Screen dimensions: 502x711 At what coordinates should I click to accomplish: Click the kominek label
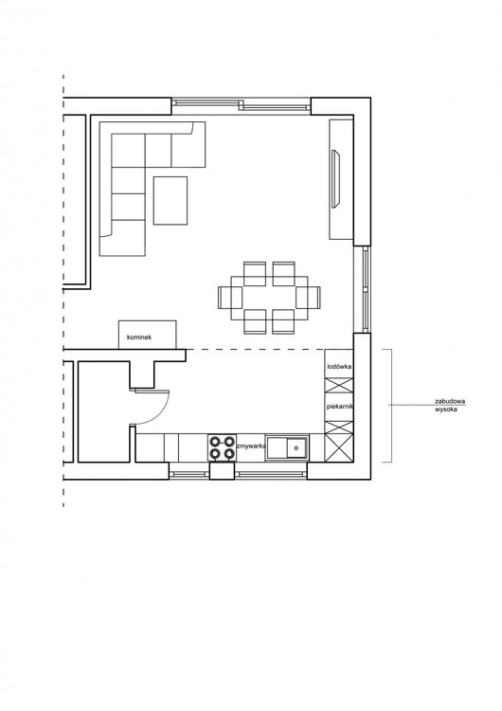139,337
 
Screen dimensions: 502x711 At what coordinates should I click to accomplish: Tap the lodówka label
339,366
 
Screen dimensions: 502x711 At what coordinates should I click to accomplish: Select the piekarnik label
340,407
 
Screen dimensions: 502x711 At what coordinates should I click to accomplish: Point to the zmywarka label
251,447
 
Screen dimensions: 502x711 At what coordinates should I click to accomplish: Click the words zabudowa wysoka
450,406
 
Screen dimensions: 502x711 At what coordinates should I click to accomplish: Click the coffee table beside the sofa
170,200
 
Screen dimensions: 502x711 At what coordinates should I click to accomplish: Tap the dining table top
269,298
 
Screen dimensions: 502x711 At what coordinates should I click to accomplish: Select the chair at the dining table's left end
230,298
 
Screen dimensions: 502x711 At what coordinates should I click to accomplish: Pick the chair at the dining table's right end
308,298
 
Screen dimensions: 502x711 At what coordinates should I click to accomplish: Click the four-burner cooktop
222,447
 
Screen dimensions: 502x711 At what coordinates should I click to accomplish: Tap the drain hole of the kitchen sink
296,448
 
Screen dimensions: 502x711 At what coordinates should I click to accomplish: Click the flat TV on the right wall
335,178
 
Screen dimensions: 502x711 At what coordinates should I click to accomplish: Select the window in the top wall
241,105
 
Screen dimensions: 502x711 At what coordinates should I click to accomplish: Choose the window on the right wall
366,290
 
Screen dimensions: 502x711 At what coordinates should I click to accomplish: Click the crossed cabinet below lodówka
339,386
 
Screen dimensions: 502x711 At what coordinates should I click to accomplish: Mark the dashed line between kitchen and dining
255,349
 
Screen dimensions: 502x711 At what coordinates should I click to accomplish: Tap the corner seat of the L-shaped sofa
128,150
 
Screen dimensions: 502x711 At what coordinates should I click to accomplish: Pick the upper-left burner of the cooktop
215,441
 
